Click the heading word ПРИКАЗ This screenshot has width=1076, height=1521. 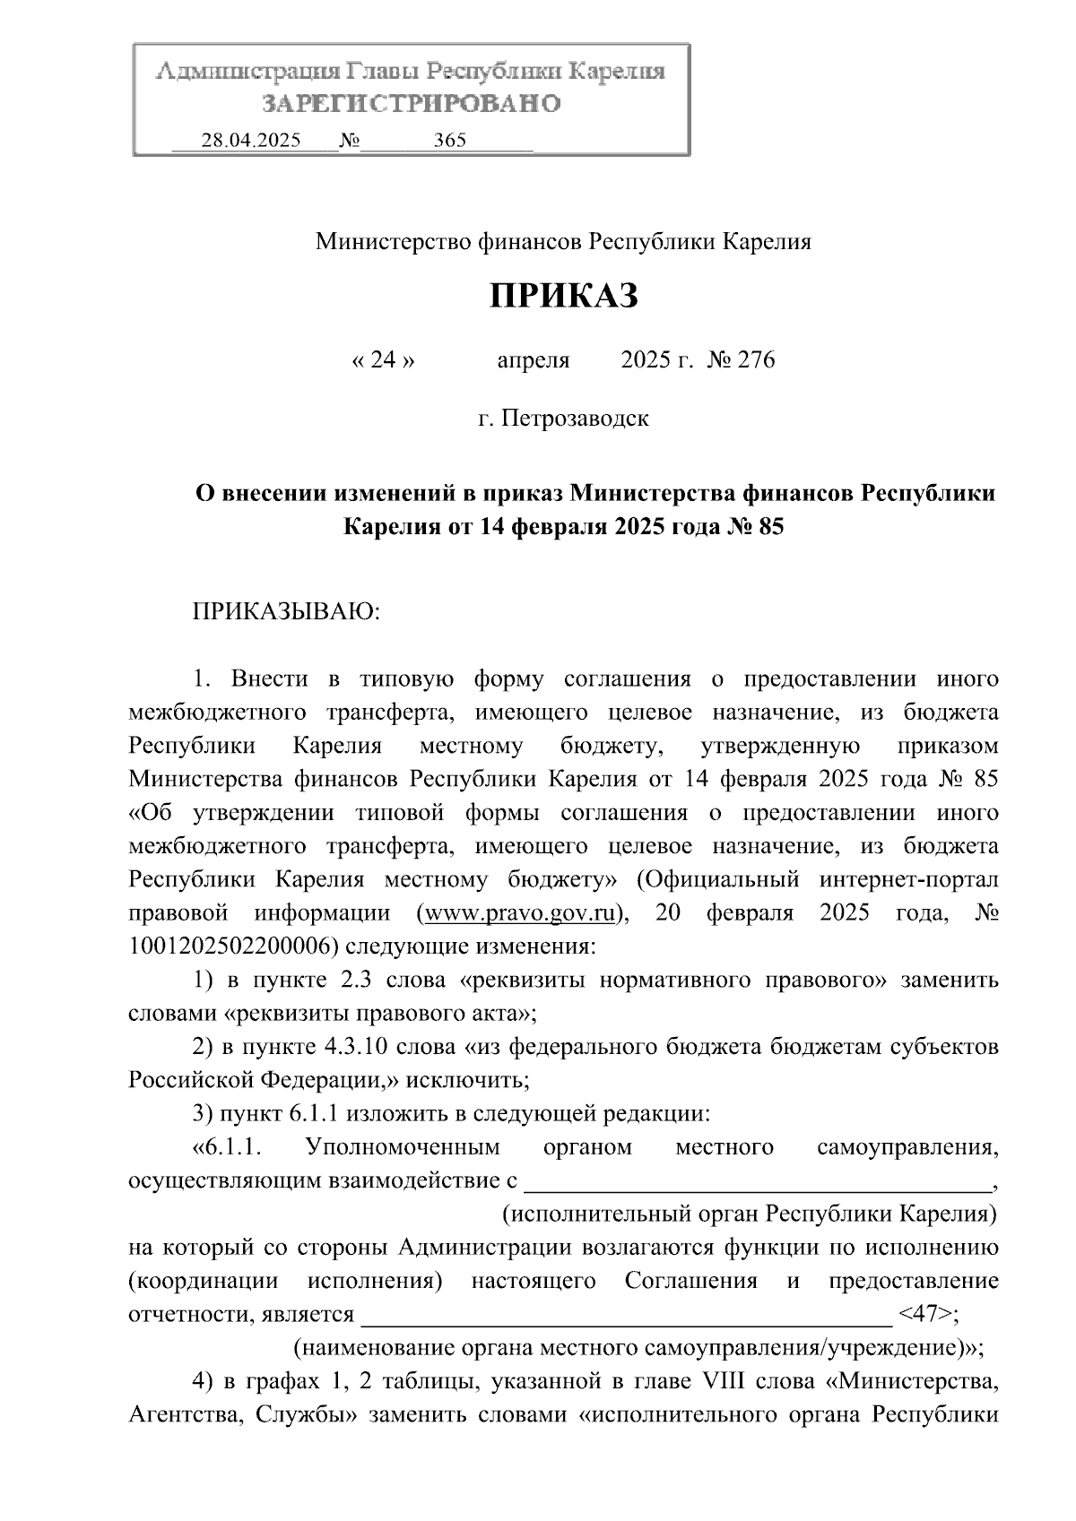(563, 296)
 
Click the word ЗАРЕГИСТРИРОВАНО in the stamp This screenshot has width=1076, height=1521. (411, 104)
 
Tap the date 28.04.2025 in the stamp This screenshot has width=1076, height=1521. (251, 141)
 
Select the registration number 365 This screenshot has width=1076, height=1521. (449, 141)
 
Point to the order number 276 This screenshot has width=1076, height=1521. (755, 360)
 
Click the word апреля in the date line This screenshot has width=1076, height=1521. (533, 360)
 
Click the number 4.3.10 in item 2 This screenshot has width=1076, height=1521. (352, 1047)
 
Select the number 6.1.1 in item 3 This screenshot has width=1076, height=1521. (315, 1114)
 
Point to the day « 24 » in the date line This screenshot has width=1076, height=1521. (383, 360)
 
